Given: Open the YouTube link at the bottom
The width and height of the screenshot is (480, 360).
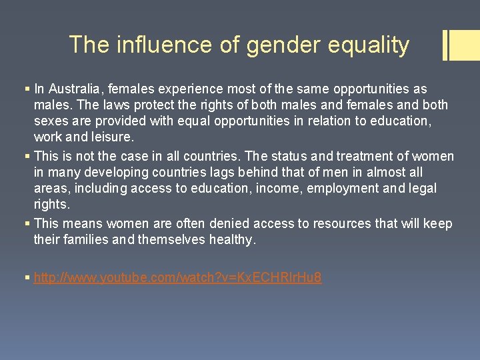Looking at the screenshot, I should coord(177,277).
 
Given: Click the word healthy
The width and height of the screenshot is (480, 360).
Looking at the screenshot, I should coord(231,239).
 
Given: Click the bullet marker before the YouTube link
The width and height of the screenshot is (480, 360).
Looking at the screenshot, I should coord(27,277).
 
